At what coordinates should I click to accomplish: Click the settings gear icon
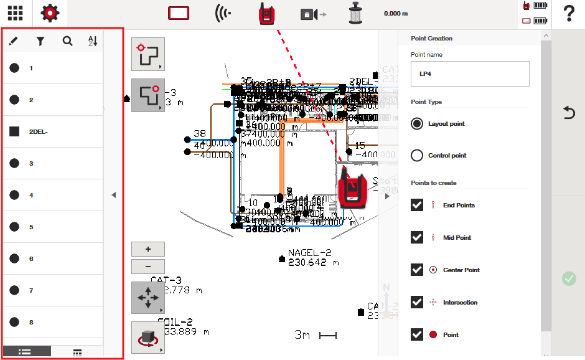point(50,13)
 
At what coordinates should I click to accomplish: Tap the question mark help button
point(568,14)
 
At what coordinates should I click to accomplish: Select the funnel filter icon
point(40,42)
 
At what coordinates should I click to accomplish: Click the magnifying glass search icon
point(67,42)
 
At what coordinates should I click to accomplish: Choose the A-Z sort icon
point(93,42)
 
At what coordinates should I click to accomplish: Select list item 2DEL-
point(52,131)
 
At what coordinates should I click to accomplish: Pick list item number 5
point(52,227)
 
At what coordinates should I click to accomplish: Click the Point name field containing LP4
point(470,73)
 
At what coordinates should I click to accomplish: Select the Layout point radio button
point(417,124)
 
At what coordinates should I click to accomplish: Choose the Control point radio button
point(417,156)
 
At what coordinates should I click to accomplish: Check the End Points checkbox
point(417,206)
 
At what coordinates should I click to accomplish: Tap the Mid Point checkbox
point(417,238)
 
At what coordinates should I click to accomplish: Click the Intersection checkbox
point(417,302)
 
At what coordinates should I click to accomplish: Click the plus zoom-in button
point(148,249)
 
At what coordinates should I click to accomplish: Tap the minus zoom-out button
point(148,267)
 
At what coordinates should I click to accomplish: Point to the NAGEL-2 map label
point(309,253)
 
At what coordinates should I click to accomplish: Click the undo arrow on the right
point(569,113)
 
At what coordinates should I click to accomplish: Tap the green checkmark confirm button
point(569,278)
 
